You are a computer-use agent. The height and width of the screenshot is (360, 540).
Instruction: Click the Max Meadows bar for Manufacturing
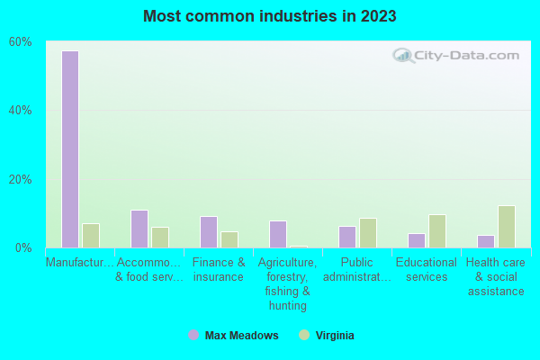coord(70,149)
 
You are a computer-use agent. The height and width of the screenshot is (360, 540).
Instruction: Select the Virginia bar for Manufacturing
coord(91,236)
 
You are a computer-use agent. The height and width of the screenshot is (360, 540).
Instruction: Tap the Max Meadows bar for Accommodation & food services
coord(139,229)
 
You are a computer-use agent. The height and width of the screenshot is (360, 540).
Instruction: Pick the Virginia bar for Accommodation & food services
coord(160,238)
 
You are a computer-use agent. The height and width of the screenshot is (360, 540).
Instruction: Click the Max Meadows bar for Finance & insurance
coord(209,232)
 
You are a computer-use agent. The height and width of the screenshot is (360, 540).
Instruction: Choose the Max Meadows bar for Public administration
coord(347,237)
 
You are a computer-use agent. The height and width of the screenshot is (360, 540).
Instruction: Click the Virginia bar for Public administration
coord(368,233)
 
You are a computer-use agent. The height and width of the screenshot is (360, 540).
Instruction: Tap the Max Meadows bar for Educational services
coord(417,240)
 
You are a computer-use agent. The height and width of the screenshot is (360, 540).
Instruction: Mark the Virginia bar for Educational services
coord(437,231)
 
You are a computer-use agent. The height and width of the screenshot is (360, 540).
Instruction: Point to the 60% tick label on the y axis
coord(21,41)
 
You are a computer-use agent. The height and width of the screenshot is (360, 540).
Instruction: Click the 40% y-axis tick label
coord(21,111)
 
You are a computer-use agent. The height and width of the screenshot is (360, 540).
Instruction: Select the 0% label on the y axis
coord(23,247)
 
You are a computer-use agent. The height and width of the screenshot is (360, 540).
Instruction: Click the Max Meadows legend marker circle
coord(193,336)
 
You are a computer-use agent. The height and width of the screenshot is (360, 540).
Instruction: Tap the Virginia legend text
coord(335,336)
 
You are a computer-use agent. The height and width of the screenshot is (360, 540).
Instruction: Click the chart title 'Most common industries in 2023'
coord(270,16)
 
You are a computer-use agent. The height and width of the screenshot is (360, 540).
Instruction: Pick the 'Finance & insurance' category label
coord(219,269)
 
